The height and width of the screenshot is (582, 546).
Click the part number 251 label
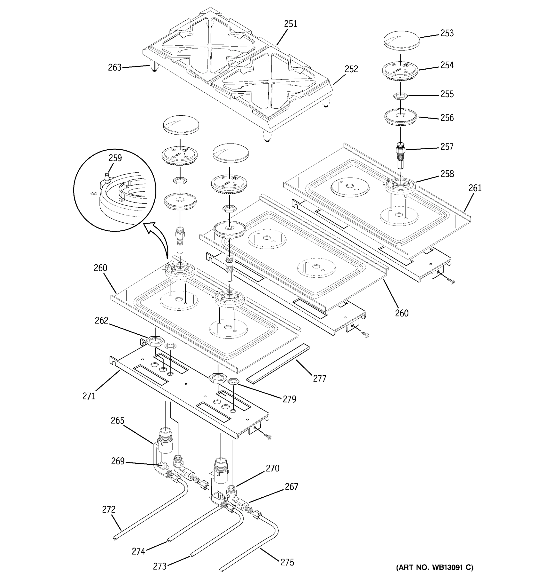[290, 24]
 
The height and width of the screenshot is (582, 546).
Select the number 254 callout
[447, 65]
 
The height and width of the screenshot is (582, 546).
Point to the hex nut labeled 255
[400, 96]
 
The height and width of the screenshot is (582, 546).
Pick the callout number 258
[447, 174]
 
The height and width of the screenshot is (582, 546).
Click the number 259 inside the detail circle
[115, 158]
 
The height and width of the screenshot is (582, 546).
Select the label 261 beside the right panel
[475, 188]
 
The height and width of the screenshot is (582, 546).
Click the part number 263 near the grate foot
[115, 68]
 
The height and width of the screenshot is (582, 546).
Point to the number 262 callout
[101, 321]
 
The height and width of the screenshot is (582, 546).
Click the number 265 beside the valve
[117, 420]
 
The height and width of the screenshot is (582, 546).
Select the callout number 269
[118, 461]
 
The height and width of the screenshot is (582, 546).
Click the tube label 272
[109, 509]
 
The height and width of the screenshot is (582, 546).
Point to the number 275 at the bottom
[287, 562]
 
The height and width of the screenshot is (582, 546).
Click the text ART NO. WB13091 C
[434, 568]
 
